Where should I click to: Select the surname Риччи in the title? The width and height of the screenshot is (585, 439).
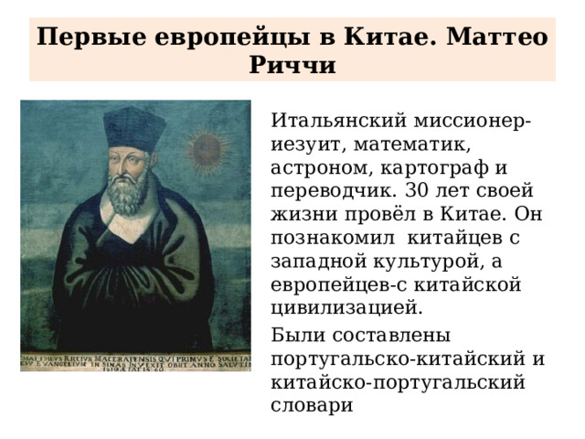(292, 66)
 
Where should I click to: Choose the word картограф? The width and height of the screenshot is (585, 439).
(432, 169)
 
